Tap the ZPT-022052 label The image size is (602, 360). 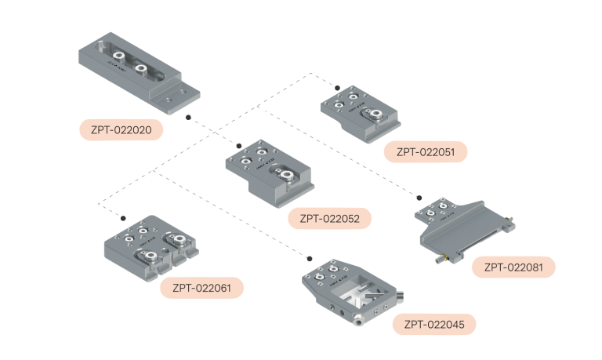[330, 218]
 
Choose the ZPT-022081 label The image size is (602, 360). [513, 267]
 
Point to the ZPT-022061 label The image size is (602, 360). [201, 288]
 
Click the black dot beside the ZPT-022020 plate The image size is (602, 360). [189, 117]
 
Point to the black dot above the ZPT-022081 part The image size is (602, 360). [419, 198]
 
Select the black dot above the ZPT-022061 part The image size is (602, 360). [123, 216]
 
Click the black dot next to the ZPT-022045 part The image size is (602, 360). [310, 258]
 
